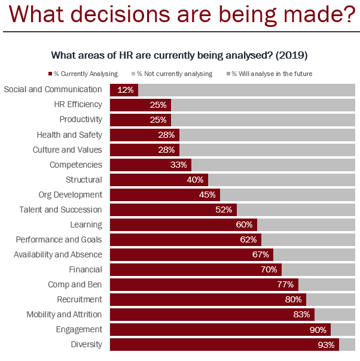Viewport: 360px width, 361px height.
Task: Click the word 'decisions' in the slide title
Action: pos(129,14)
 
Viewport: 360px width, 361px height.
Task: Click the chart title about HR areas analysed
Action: pos(179,56)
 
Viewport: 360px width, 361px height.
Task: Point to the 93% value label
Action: pos(326,345)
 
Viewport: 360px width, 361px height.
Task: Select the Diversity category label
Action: pos(87,344)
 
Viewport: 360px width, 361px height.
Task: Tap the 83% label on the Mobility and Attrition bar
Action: pos(301,314)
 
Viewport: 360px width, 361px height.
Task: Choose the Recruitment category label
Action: pos(80,299)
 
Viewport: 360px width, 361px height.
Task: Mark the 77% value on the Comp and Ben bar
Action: pos(285,284)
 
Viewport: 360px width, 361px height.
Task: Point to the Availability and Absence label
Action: pos(58,254)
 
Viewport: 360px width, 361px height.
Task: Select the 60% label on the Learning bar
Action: pos(244,225)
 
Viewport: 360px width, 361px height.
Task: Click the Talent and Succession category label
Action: pos(60,210)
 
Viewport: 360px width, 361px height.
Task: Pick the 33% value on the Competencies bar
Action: pos(179,165)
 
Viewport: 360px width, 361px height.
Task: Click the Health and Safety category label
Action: pos(69,135)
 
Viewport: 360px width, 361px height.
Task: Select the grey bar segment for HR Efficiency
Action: pos(263,105)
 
